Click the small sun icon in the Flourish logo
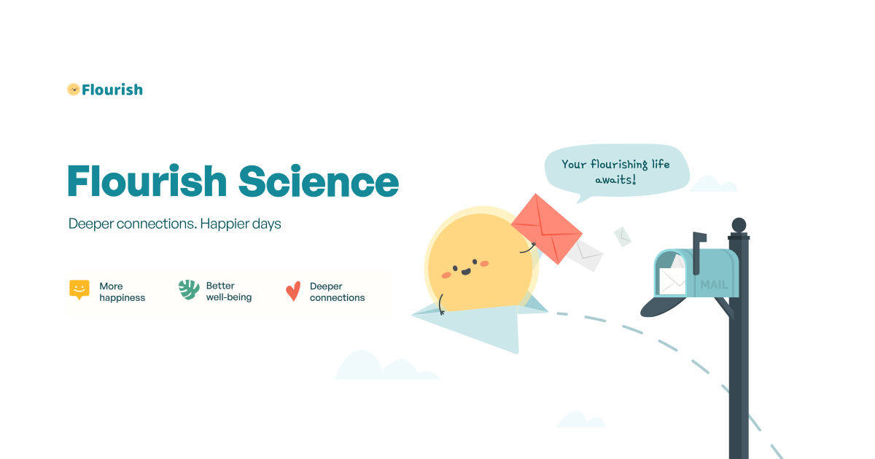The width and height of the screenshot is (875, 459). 73,90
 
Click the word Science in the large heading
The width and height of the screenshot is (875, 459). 319,181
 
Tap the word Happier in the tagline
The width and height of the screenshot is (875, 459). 224,224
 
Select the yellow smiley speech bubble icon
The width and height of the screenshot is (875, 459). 79,289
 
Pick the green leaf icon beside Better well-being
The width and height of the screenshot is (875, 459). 189,289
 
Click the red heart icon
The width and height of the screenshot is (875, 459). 293,291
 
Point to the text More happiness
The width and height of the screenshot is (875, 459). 122,291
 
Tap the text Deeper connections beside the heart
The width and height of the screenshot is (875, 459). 337,291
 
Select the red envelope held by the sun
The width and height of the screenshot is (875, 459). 547,227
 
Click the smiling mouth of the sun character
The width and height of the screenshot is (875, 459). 466,270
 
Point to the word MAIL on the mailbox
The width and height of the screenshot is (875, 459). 714,285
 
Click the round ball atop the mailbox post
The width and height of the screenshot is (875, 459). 739,224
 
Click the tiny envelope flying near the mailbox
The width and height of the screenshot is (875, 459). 622,236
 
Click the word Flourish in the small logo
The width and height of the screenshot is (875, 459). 112,90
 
